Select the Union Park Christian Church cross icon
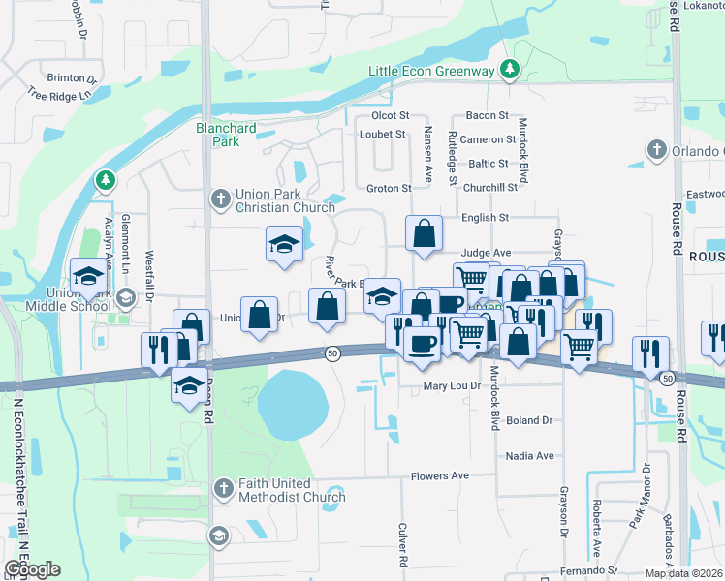pyautogui.click(x=221, y=199)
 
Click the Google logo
pyautogui.click(x=32, y=569)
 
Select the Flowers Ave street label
pyautogui.click(x=439, y=475)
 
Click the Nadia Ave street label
pyautogui.click(x=529, y=455)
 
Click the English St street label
pyautogui.click(x=486, y=219)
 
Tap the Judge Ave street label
pyautogui.click(x=486, y=253)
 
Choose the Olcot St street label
pyautogui.click(x=392, y=115)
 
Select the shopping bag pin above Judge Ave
pyautogui.click(x=424, y=233)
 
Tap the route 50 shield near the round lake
pyautogui.click(x=332, y=353)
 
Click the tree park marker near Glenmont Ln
pyautogui.click(x=105, y=181)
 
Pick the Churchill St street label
pyautogui.click(x=491, y=188)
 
